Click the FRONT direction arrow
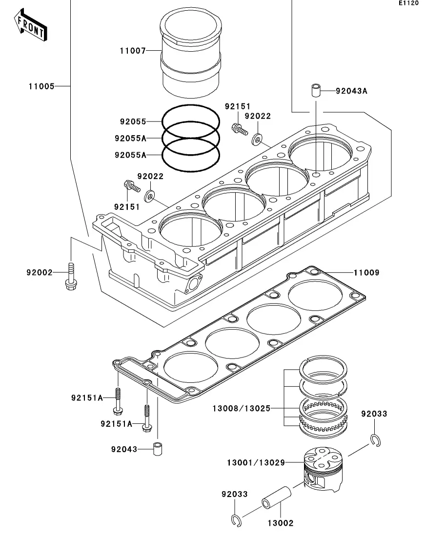[30, 25]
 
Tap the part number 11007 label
[133, 51]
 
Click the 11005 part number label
[41, 86]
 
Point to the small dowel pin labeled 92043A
[316, 90]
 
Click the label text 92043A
[351, 91]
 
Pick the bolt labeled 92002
[71, 276]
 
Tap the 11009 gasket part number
[366, 273]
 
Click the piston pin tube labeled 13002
[276, 497]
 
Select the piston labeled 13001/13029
[324, 469]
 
